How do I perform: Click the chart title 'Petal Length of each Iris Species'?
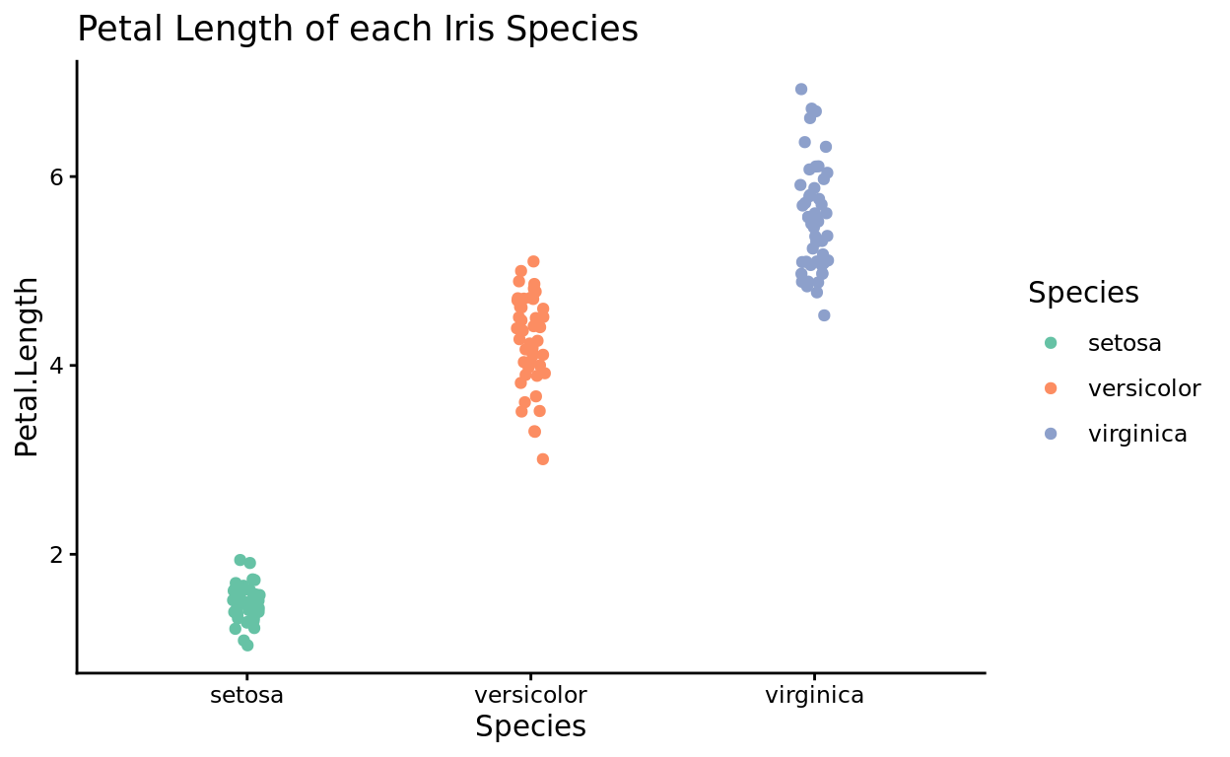(x=358, y=30)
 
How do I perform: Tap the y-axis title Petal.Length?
(x=28, y=367)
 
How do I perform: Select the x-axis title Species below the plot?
(x=530, y=726)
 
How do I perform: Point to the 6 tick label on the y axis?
(x=56, y=176)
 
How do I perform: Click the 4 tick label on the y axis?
(x=56, y=366)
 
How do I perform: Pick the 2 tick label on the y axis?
(x=56, y=554)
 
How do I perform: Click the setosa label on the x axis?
(x=246, y=695)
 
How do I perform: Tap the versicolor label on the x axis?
(x=530, y=695)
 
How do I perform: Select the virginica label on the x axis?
(x=814, y=695)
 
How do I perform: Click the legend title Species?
(x=1083, y=293)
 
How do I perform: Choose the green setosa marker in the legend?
(x=1051, y=343)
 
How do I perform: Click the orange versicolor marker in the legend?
(x=1051, y=388)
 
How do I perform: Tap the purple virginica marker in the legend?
(x=1051, y=434)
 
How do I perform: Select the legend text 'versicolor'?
(x=1144, y=388)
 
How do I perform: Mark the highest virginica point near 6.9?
(x=801, y=90)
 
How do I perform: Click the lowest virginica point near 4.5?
(x=824, y=315)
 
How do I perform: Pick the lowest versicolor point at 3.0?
(x=543, y=459)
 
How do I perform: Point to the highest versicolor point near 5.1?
(x=533, y=261)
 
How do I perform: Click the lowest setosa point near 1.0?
(x=247, y=646)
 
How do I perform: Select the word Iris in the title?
(x=478, y=30)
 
